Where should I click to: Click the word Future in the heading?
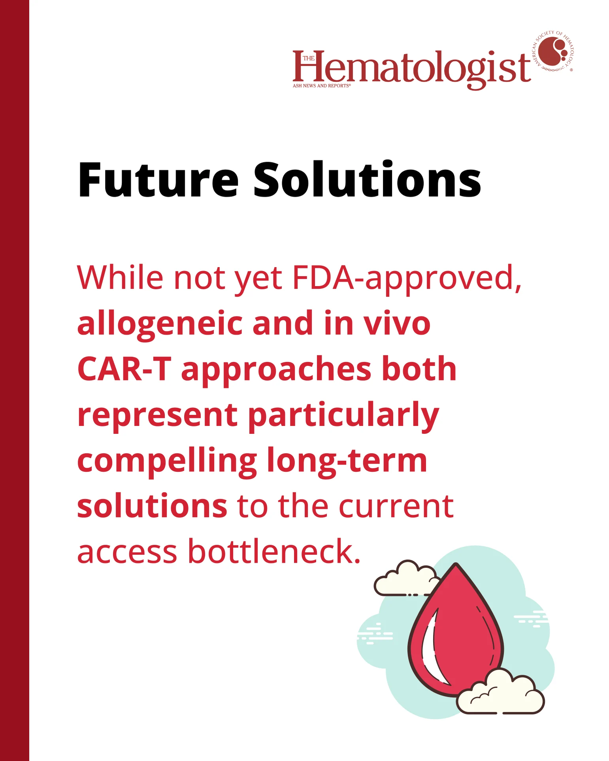pyautogui.click(x=158, y=180)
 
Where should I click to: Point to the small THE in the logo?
pyautogui.click(x=308, y=58)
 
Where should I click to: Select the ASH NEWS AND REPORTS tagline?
pyautogui.click(x=321, y=86)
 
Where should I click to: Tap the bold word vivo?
pyautogui.click(x=397, y=324)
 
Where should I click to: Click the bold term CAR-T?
pyautogui.click(x=124, y=369)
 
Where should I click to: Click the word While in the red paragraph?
pyautogui.click(x=120, y=277)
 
